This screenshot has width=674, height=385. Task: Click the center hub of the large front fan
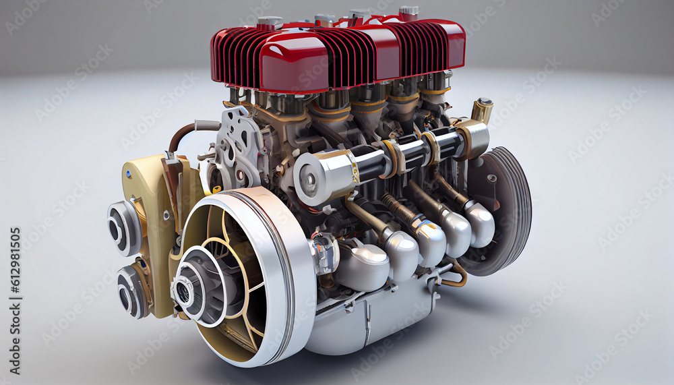[x=183, y=291]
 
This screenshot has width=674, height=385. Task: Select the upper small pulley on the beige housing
[x=124, y=228]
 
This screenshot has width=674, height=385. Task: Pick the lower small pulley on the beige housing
[x=132, y=291]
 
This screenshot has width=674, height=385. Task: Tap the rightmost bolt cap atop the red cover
[x=408, y=12]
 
